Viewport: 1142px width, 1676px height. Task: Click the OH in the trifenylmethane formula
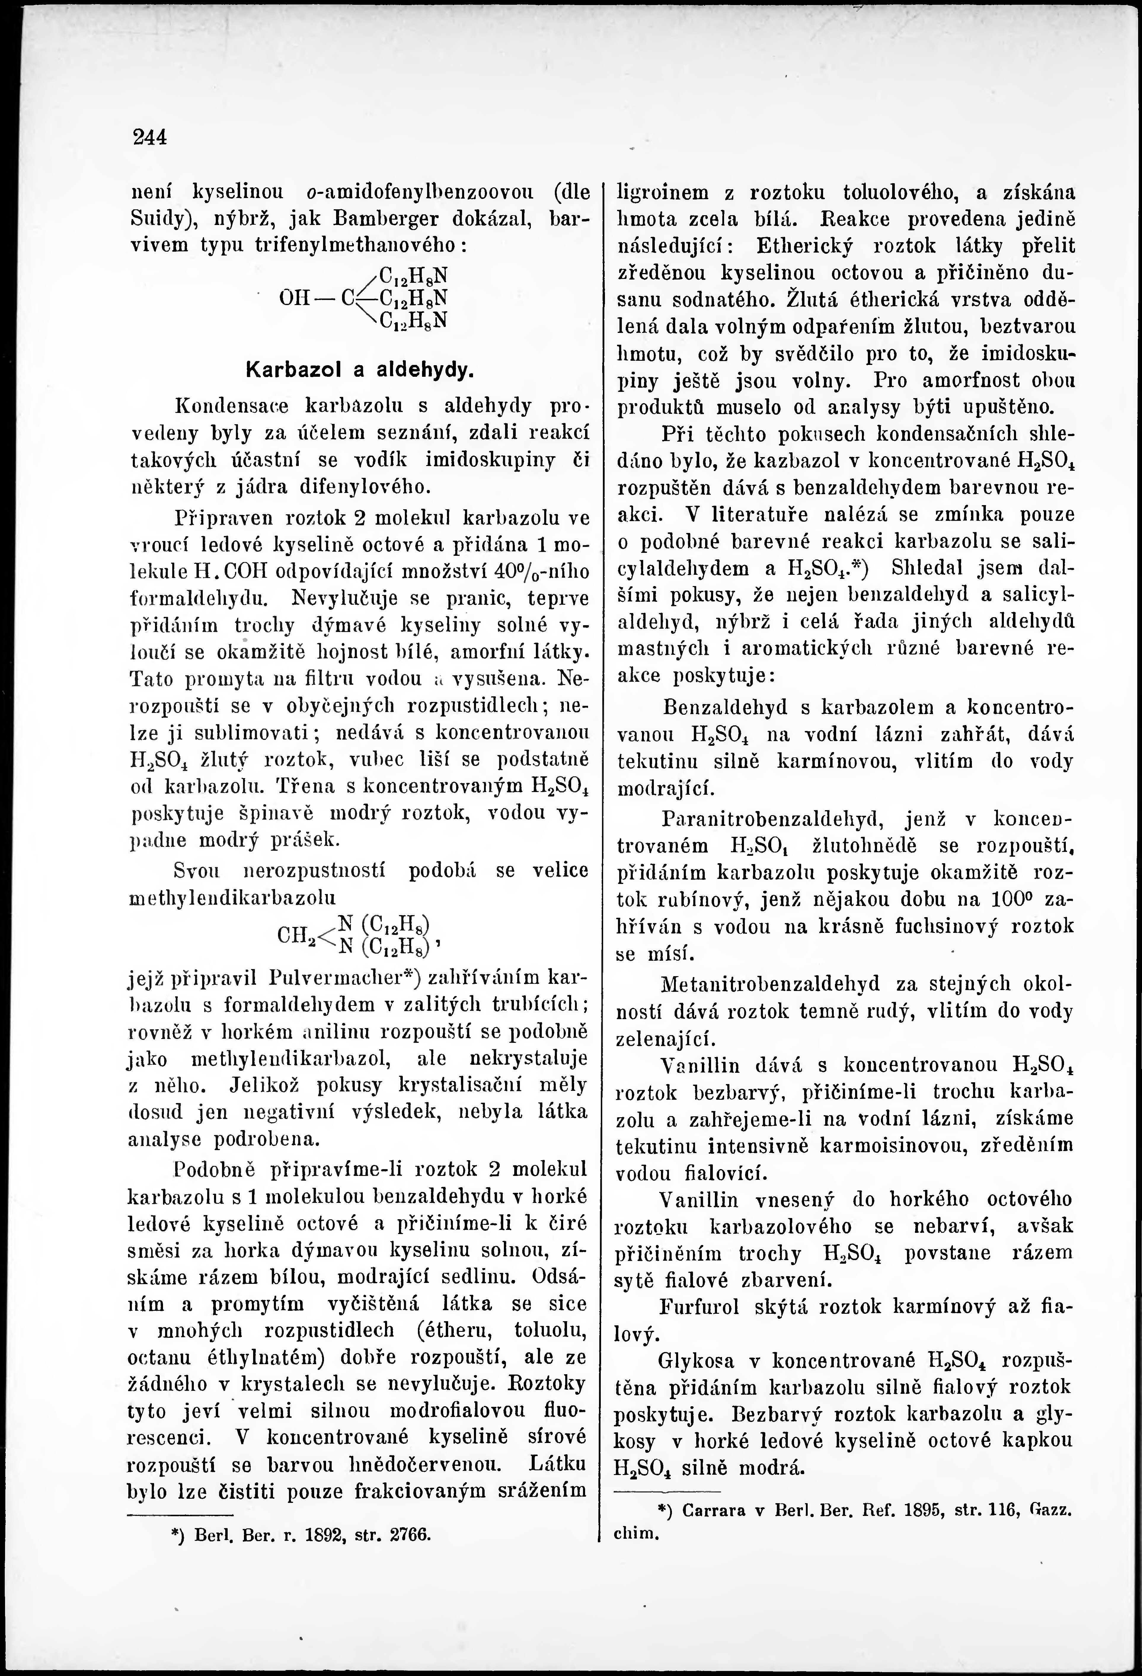293,297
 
